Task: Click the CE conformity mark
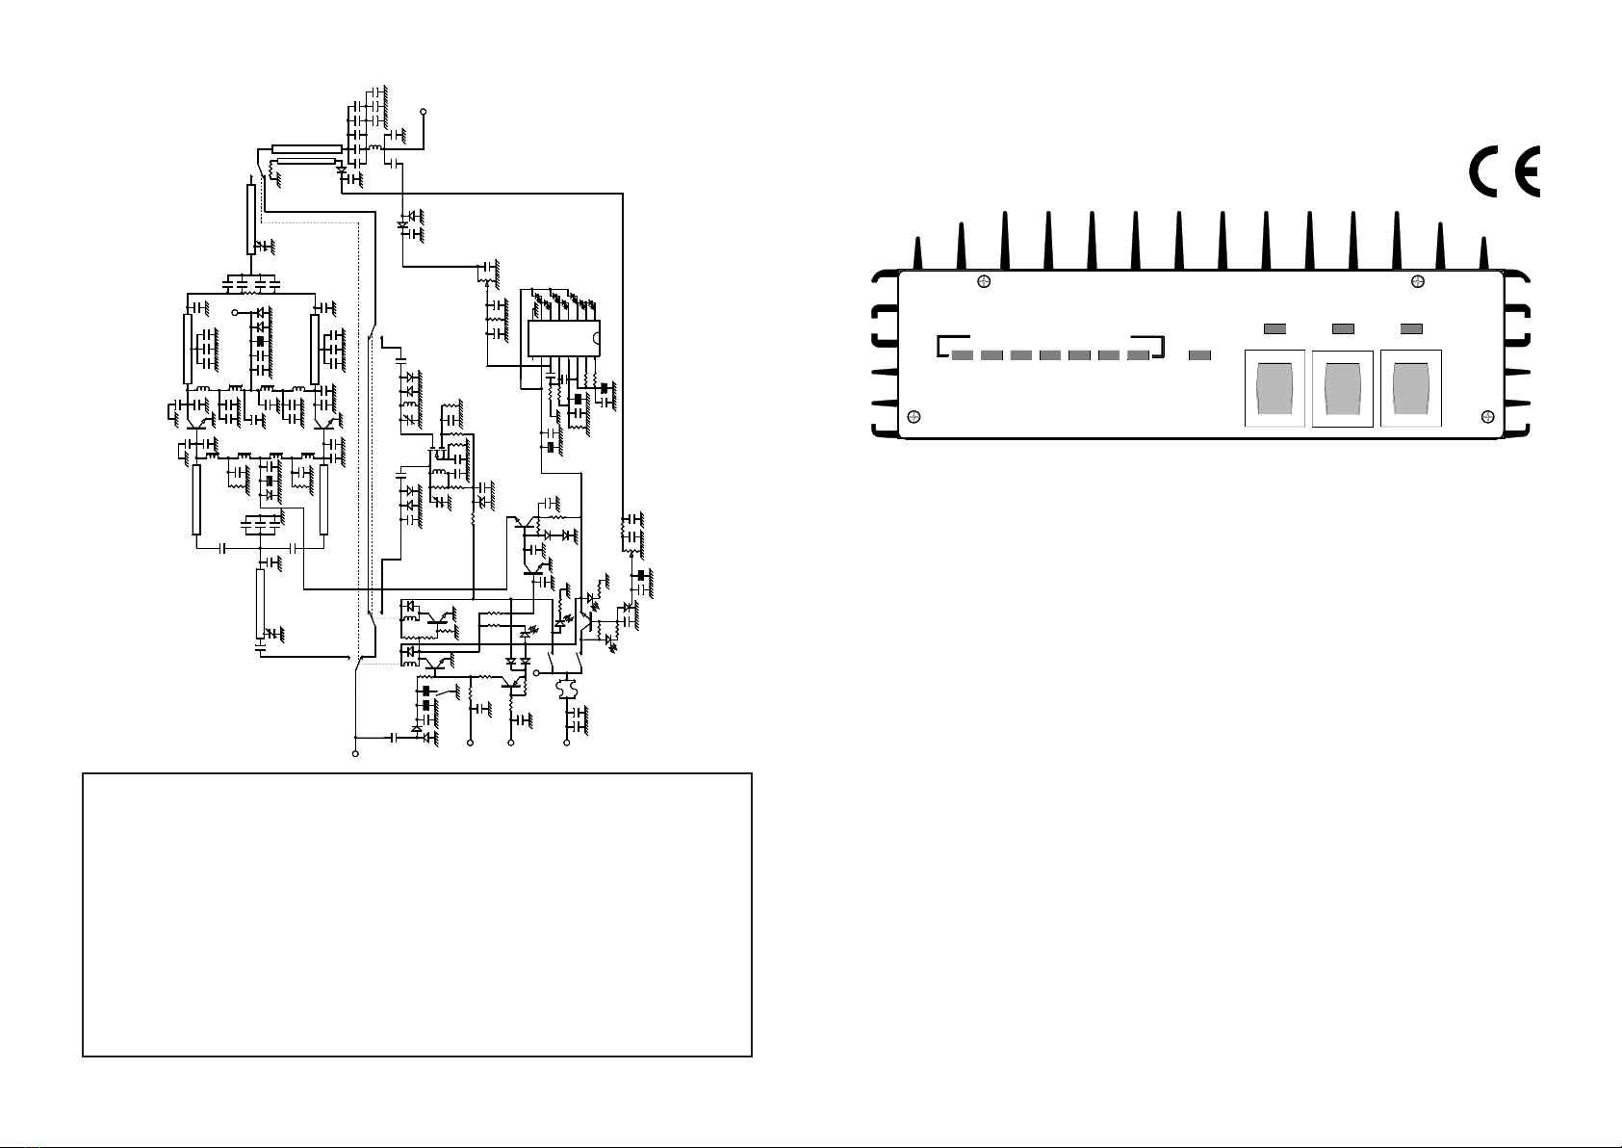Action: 1505,171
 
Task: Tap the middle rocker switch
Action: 1343,389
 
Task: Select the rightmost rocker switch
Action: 1411,389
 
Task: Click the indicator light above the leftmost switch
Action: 1274,328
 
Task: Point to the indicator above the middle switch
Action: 1343,328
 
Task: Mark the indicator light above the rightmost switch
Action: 1412,328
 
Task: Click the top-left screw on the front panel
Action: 984,282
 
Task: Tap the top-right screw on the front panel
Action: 1418,282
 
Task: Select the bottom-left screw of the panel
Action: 914,416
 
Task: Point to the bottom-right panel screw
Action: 1488,416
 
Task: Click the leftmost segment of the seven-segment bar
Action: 963,355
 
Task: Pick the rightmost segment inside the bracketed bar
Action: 1139,355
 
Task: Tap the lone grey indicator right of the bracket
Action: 1199,355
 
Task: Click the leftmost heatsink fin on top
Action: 917,252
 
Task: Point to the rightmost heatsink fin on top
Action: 1483,252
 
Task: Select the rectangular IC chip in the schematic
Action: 564,338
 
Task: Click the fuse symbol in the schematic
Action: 566,687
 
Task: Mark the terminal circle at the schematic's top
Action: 424,112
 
